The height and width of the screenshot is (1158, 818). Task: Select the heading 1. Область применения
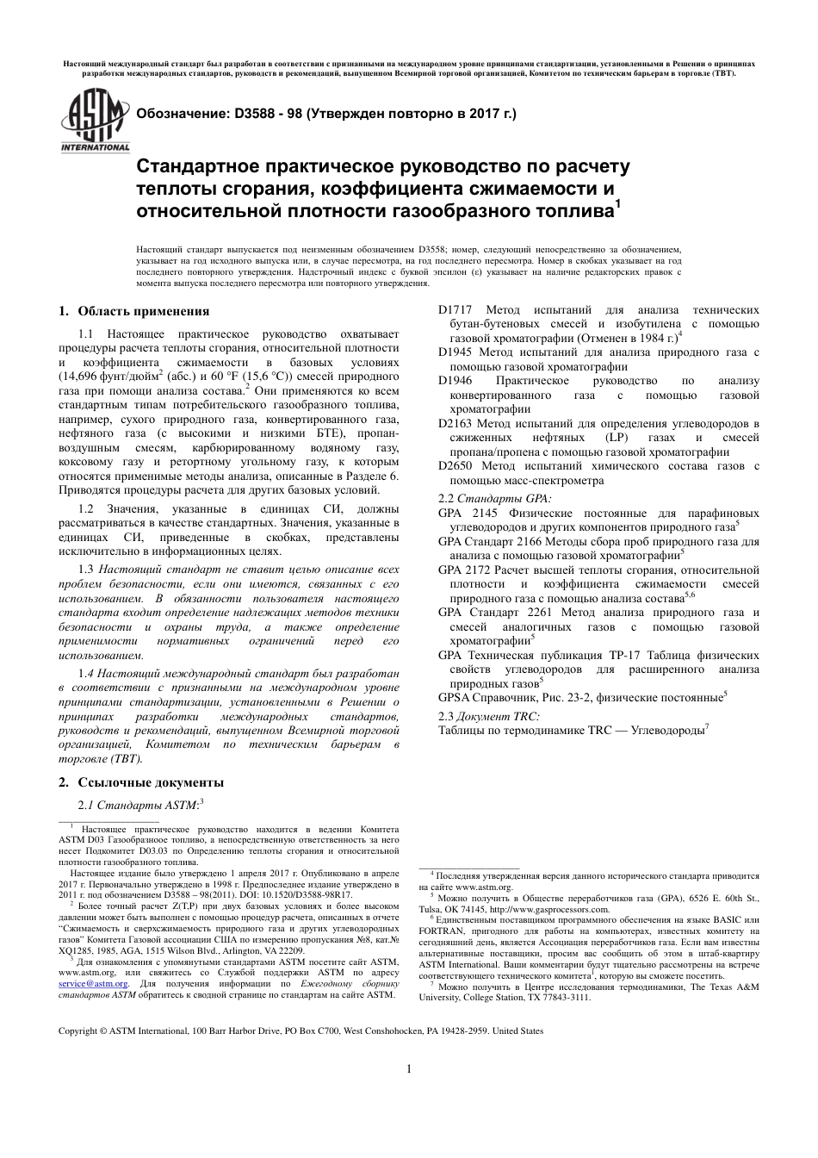pos(133,311)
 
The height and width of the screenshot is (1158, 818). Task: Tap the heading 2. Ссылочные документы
pos(140,782)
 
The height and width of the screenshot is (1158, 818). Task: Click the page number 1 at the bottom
pos(409,1069)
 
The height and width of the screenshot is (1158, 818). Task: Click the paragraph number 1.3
pos(86,570)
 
